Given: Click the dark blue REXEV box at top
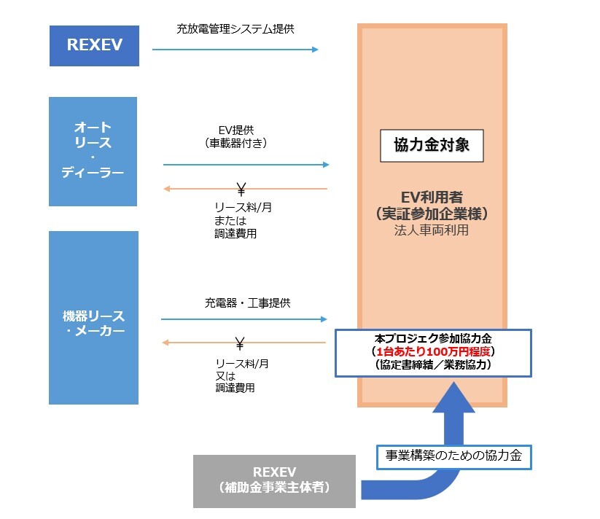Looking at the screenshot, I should click(x=93, y=45).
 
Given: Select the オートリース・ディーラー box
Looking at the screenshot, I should click(x=93, y=151).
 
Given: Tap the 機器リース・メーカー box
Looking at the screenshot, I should click(x=93, y=318).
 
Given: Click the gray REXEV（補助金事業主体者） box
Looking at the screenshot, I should click(x=274, y=481).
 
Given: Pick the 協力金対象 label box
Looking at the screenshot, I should click(x=432, y=145).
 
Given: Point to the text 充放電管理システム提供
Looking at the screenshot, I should click(x=235, y=29).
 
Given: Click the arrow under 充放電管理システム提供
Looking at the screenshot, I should click(x=235, y=50).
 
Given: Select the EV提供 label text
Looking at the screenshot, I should click(x=236, y=130).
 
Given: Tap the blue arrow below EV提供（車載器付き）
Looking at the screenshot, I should click(x=246, y=165).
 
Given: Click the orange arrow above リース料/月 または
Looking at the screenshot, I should click(x=246, y=189).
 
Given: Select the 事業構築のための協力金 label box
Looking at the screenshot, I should click(x=453, y=457).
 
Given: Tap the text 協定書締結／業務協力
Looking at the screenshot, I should click(x=433, y=364).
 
